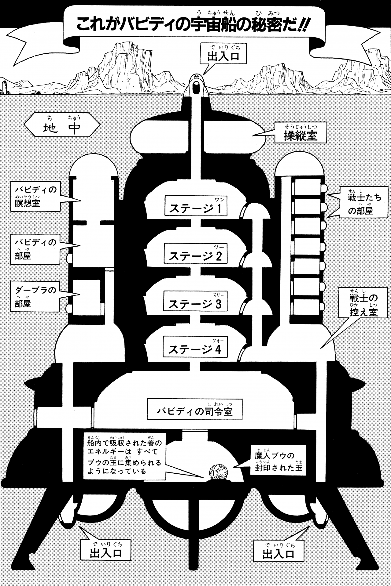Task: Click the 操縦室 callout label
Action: tap(301, 133)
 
